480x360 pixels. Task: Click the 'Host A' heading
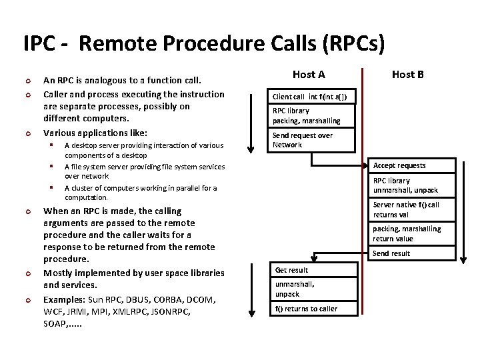click(x=309, y=75)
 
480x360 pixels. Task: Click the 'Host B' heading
click(x=407, y=75)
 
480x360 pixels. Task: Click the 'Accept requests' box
click(x=411, y=165)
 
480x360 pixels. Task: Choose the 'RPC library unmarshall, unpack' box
click(x=411, y=185)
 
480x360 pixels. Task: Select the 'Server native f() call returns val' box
click(x=411, y=210)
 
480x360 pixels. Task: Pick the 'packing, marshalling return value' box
click(x=411, y=233)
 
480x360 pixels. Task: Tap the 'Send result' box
click(x=411, y=253)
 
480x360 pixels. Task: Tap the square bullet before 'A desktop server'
click(x=51, y=145)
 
